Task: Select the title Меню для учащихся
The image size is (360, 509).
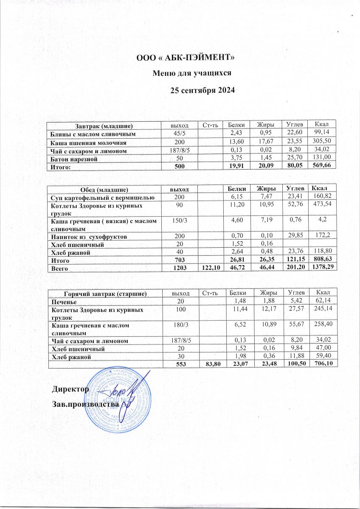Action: point(191,73)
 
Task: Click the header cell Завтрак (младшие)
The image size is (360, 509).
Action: point(104,126)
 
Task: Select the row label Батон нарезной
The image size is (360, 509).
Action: point(73,159)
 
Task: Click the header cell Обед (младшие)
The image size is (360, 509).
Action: point(104,188)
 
